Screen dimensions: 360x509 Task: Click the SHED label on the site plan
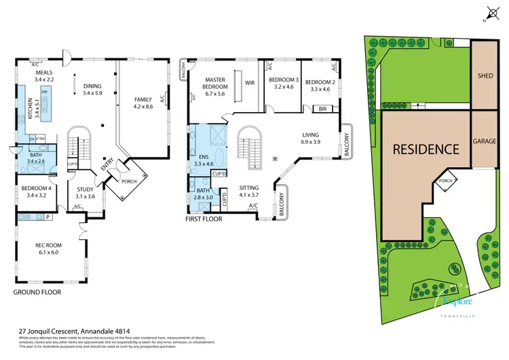coord(485,75)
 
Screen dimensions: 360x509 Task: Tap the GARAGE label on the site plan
coord(485,143)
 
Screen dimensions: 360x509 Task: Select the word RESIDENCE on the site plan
coord(423,149)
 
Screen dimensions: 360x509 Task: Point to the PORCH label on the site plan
coord(445,181)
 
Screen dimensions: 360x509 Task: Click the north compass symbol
coord(491,12)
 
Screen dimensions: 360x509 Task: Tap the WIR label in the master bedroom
coord(249,84)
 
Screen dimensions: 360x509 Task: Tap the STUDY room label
coord(85,190)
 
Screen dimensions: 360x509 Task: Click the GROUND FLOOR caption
coord(37,292)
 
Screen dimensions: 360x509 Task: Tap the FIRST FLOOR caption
coord(204,219)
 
